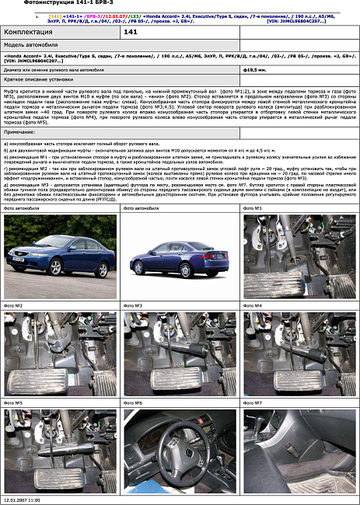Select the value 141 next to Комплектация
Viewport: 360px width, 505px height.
pos(131,32)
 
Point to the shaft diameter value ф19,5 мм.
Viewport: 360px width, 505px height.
pos(255,69)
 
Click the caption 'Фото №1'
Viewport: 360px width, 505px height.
pos(253,209)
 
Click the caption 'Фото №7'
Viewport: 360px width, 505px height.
pos(253,403)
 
